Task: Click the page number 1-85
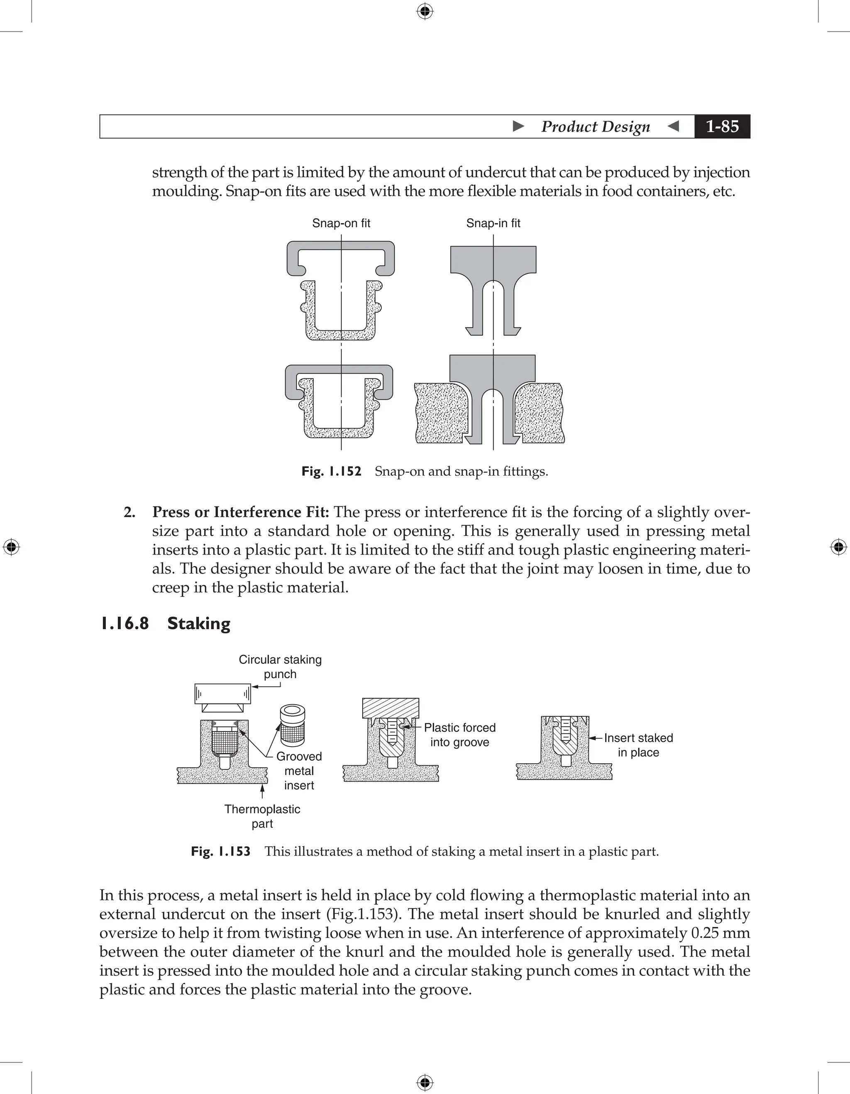[x=722, y=126]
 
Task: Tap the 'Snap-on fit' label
[x=341, y=223]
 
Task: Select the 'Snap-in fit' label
[x=493, y=223]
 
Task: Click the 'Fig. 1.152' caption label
[x=331, y=471]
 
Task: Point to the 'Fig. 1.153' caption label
[x=220, y=852]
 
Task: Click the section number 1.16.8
[x=125, y=624]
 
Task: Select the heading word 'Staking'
[x=199, y=624]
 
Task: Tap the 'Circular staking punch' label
[x=280, y=667]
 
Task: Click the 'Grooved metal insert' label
[x=299, y=771]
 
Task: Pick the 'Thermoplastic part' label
[x=262, y=816]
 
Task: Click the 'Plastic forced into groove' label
[x=459, y=735]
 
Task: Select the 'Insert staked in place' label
[x=638, y=745]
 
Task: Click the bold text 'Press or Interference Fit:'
[x=240, y=513]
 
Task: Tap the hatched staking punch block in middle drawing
[x=391, y=708]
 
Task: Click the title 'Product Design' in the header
[x=596, y=126]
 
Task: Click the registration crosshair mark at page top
[x=425, y=11]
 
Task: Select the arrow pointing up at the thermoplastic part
[x=262, y=791]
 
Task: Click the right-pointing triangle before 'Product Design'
[x=519, y=126]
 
